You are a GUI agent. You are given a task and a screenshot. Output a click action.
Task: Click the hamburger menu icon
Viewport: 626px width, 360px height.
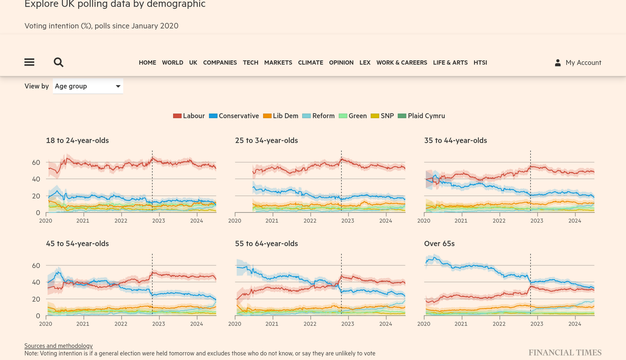tap(29, 62)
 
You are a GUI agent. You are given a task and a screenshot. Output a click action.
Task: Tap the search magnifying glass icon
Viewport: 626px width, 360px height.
tap(58, 62)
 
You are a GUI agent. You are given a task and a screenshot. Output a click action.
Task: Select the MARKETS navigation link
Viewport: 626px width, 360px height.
tap(278, 63)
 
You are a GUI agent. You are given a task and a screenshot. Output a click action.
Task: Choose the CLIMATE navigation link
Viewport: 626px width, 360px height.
tap(310, 63)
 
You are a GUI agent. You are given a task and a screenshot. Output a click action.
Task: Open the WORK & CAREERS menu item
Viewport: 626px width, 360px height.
tap(401, 63)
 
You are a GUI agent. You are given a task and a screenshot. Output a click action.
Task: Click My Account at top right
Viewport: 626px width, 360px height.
tap(578, 63)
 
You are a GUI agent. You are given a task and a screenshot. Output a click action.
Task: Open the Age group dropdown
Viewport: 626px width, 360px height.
tap(88, 86)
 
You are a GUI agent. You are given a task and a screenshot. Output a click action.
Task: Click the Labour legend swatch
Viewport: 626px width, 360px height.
tap(177, 116)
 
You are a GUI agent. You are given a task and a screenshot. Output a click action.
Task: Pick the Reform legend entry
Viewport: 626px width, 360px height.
tap(319, 116)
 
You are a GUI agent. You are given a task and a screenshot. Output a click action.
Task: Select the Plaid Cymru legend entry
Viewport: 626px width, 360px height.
tap(422, 116)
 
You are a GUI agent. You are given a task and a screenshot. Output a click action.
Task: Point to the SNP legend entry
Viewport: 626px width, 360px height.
tap(383, 116)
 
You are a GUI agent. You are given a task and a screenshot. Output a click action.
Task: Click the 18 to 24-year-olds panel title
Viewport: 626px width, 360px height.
tap(77, 140)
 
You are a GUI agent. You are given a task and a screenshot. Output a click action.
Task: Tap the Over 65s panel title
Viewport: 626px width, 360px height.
tap(439, 243)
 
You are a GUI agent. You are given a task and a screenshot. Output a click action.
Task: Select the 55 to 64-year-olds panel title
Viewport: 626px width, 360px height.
tap(266, 243)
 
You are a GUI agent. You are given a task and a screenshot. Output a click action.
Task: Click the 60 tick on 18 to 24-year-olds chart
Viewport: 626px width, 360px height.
tap(36, 162)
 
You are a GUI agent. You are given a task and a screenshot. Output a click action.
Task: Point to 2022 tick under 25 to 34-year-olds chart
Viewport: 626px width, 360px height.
tap(310, 221)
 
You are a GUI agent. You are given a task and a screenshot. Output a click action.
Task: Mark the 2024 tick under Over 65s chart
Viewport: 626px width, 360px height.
tap(574, 324)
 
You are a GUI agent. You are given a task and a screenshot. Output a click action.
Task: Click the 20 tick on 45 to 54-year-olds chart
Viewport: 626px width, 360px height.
tap(36, 299)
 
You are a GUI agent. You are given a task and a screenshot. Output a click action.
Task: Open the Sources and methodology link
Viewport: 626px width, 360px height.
tap(59, 346)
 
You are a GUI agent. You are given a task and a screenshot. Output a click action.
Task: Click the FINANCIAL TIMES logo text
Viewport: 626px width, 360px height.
tap(565, 353)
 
